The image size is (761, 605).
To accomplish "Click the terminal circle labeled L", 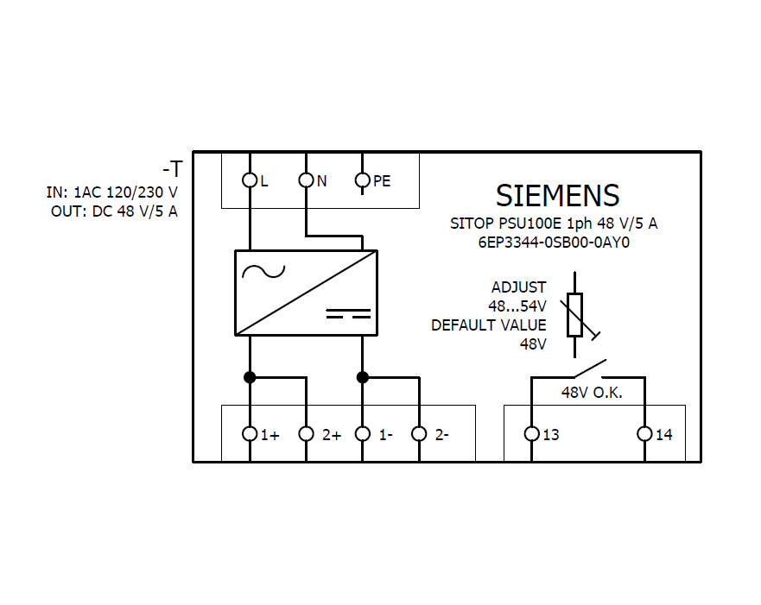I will point(250,180).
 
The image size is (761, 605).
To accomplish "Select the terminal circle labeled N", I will point(306,180).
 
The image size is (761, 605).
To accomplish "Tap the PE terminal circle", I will point(363,180).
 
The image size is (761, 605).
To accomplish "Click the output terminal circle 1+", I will point(250,433).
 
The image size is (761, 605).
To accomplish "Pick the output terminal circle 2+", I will point(306,433).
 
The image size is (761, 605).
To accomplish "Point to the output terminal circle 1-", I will point(363,433).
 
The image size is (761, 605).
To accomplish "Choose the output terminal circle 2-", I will point(419,433).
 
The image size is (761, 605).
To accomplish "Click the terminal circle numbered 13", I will point(531,433).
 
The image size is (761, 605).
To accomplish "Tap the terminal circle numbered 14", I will point(644,433).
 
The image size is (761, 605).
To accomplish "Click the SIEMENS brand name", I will point(557,196).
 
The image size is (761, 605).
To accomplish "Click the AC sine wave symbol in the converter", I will point(263,271).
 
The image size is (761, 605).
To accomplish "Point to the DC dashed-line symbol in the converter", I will point(348,312).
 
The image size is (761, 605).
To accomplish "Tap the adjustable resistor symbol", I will point(574,314).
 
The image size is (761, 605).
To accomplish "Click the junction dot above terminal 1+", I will point(250,377).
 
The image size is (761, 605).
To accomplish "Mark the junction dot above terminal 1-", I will point(363,377).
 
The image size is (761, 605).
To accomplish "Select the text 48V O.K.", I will point(592,393).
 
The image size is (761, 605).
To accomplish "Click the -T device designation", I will point(173,168).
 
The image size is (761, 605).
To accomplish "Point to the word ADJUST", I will point(518,287).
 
